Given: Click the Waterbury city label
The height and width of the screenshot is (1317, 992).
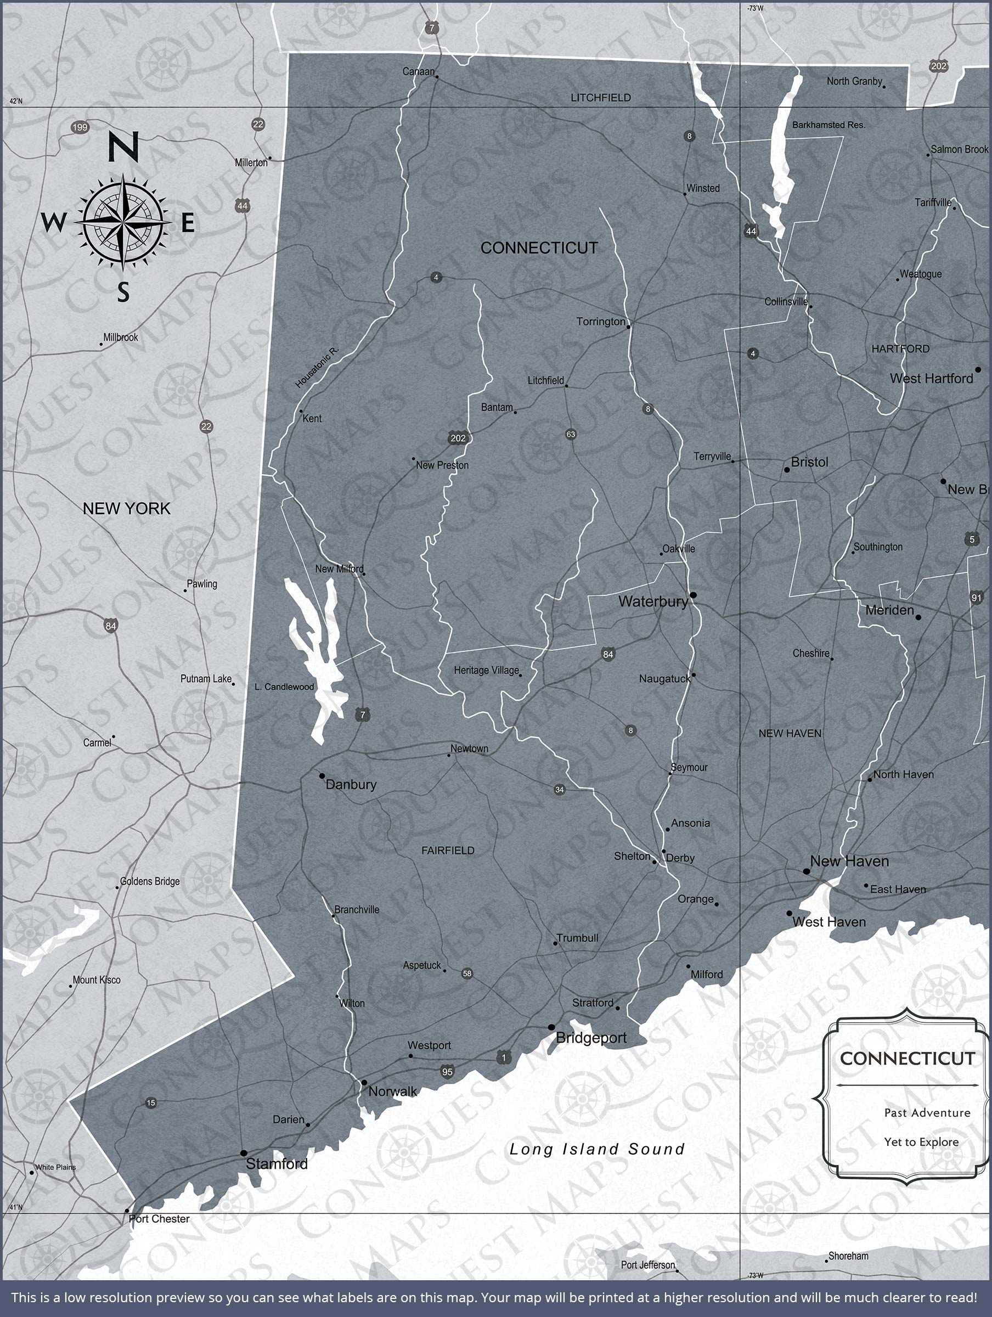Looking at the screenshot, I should coord(652,601).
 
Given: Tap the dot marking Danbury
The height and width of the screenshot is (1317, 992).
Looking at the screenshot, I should coord(322,776).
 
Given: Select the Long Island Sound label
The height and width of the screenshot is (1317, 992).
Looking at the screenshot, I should coord(596,1149).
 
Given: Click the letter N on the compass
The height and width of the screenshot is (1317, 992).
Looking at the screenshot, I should coord(124,147).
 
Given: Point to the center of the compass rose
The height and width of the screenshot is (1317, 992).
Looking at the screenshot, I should coord(123,223).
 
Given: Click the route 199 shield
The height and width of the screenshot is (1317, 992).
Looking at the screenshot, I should coord(80,127).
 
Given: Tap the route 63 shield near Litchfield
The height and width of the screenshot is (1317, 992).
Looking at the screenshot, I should coord(571,434).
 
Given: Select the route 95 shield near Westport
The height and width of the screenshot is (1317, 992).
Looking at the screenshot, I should coord(447,1072).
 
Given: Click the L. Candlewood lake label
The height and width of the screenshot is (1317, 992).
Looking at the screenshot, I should coord(284,686).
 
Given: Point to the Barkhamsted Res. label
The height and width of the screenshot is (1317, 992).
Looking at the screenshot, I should coord(828,125).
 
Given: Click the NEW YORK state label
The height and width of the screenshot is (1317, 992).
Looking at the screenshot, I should coord(126,509).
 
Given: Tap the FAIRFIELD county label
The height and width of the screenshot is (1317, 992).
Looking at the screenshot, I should coord(448,850).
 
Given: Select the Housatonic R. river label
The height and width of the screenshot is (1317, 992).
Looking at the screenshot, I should coord(317,367).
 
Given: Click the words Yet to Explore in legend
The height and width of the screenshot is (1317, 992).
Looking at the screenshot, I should coord(921,1142).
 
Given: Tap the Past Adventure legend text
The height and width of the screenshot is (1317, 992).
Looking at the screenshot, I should coord(927,1113).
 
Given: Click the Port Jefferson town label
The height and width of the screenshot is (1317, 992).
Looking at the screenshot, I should coord(647,1265).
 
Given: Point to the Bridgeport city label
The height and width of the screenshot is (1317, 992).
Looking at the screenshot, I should coord(591,1038).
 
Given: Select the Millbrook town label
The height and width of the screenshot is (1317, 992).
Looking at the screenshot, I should coord(120,337).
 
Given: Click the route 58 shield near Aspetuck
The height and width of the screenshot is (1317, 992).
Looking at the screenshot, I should coord(467,973).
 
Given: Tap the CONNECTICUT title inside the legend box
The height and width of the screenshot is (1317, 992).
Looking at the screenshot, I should coord(907,1059).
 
